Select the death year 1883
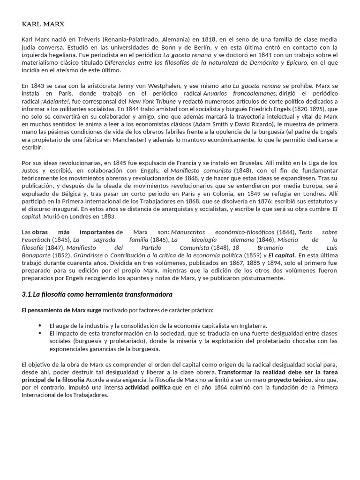105,216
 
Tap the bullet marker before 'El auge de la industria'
40,325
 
